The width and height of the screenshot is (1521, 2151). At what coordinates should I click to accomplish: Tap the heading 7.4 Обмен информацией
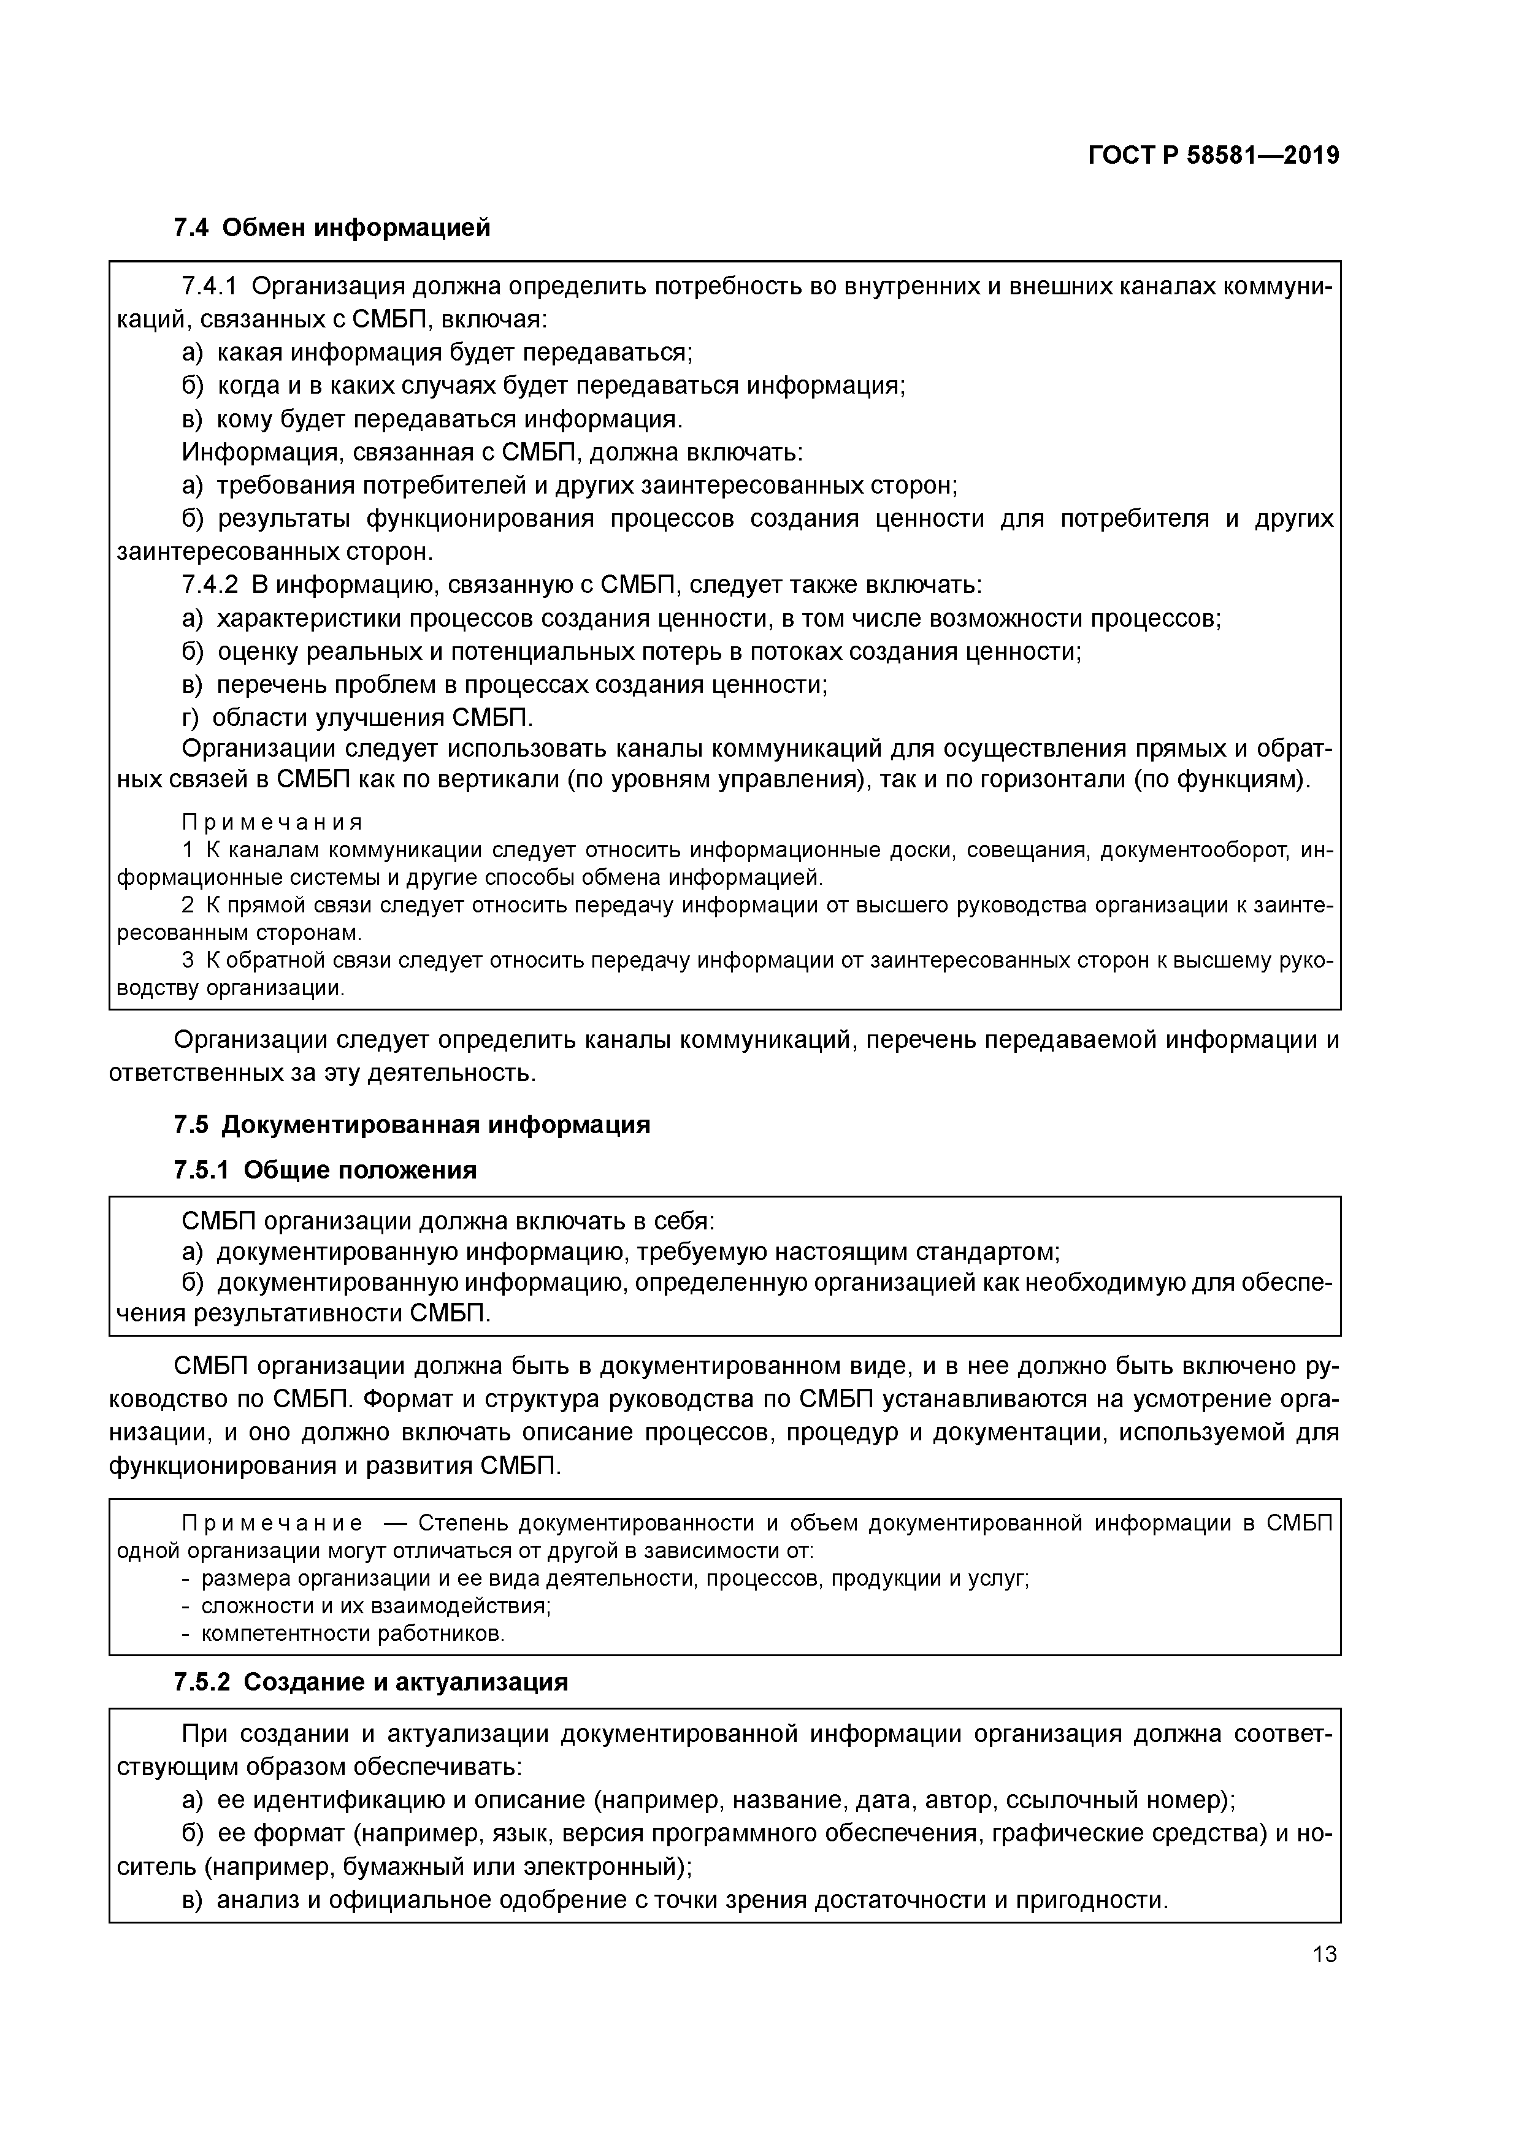pyautogui.click(x=332, y=227)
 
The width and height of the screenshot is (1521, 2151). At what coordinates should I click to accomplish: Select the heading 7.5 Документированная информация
pyautogui.click(x=412, y=1124)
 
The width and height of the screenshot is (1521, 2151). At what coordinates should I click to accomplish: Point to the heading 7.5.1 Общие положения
pyautogui.click(x=325, y=1170)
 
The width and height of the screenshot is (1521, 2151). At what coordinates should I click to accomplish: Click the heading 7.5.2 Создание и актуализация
pyautogui.click(x=370, y=1683)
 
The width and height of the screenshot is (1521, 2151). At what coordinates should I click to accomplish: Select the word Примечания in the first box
pyautogui.click(x=272, y=822)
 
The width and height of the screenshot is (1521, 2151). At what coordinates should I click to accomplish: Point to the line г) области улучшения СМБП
pyautogui.click(x=357, y=717)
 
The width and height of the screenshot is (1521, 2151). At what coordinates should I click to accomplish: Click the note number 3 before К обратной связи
pyautogui.click(x=188, y=960)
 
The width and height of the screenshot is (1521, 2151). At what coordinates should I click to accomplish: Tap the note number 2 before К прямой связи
pyautogui.click(x=188, y=905)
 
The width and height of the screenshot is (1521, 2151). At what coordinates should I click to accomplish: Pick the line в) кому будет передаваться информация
pyautogui.click(x=432, y=419)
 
